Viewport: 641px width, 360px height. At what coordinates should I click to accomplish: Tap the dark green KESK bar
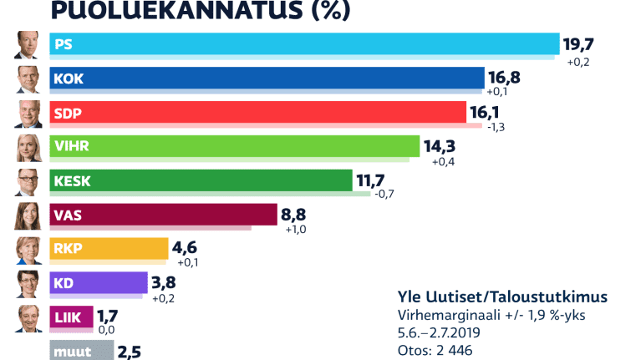201,180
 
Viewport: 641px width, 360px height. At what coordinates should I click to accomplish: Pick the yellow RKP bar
109,248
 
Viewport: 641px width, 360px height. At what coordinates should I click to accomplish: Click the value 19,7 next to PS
583,44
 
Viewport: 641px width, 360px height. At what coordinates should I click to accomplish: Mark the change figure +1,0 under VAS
296,230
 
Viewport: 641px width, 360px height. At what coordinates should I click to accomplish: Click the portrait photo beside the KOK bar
28,79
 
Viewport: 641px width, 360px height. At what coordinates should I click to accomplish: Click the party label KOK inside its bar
69,79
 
